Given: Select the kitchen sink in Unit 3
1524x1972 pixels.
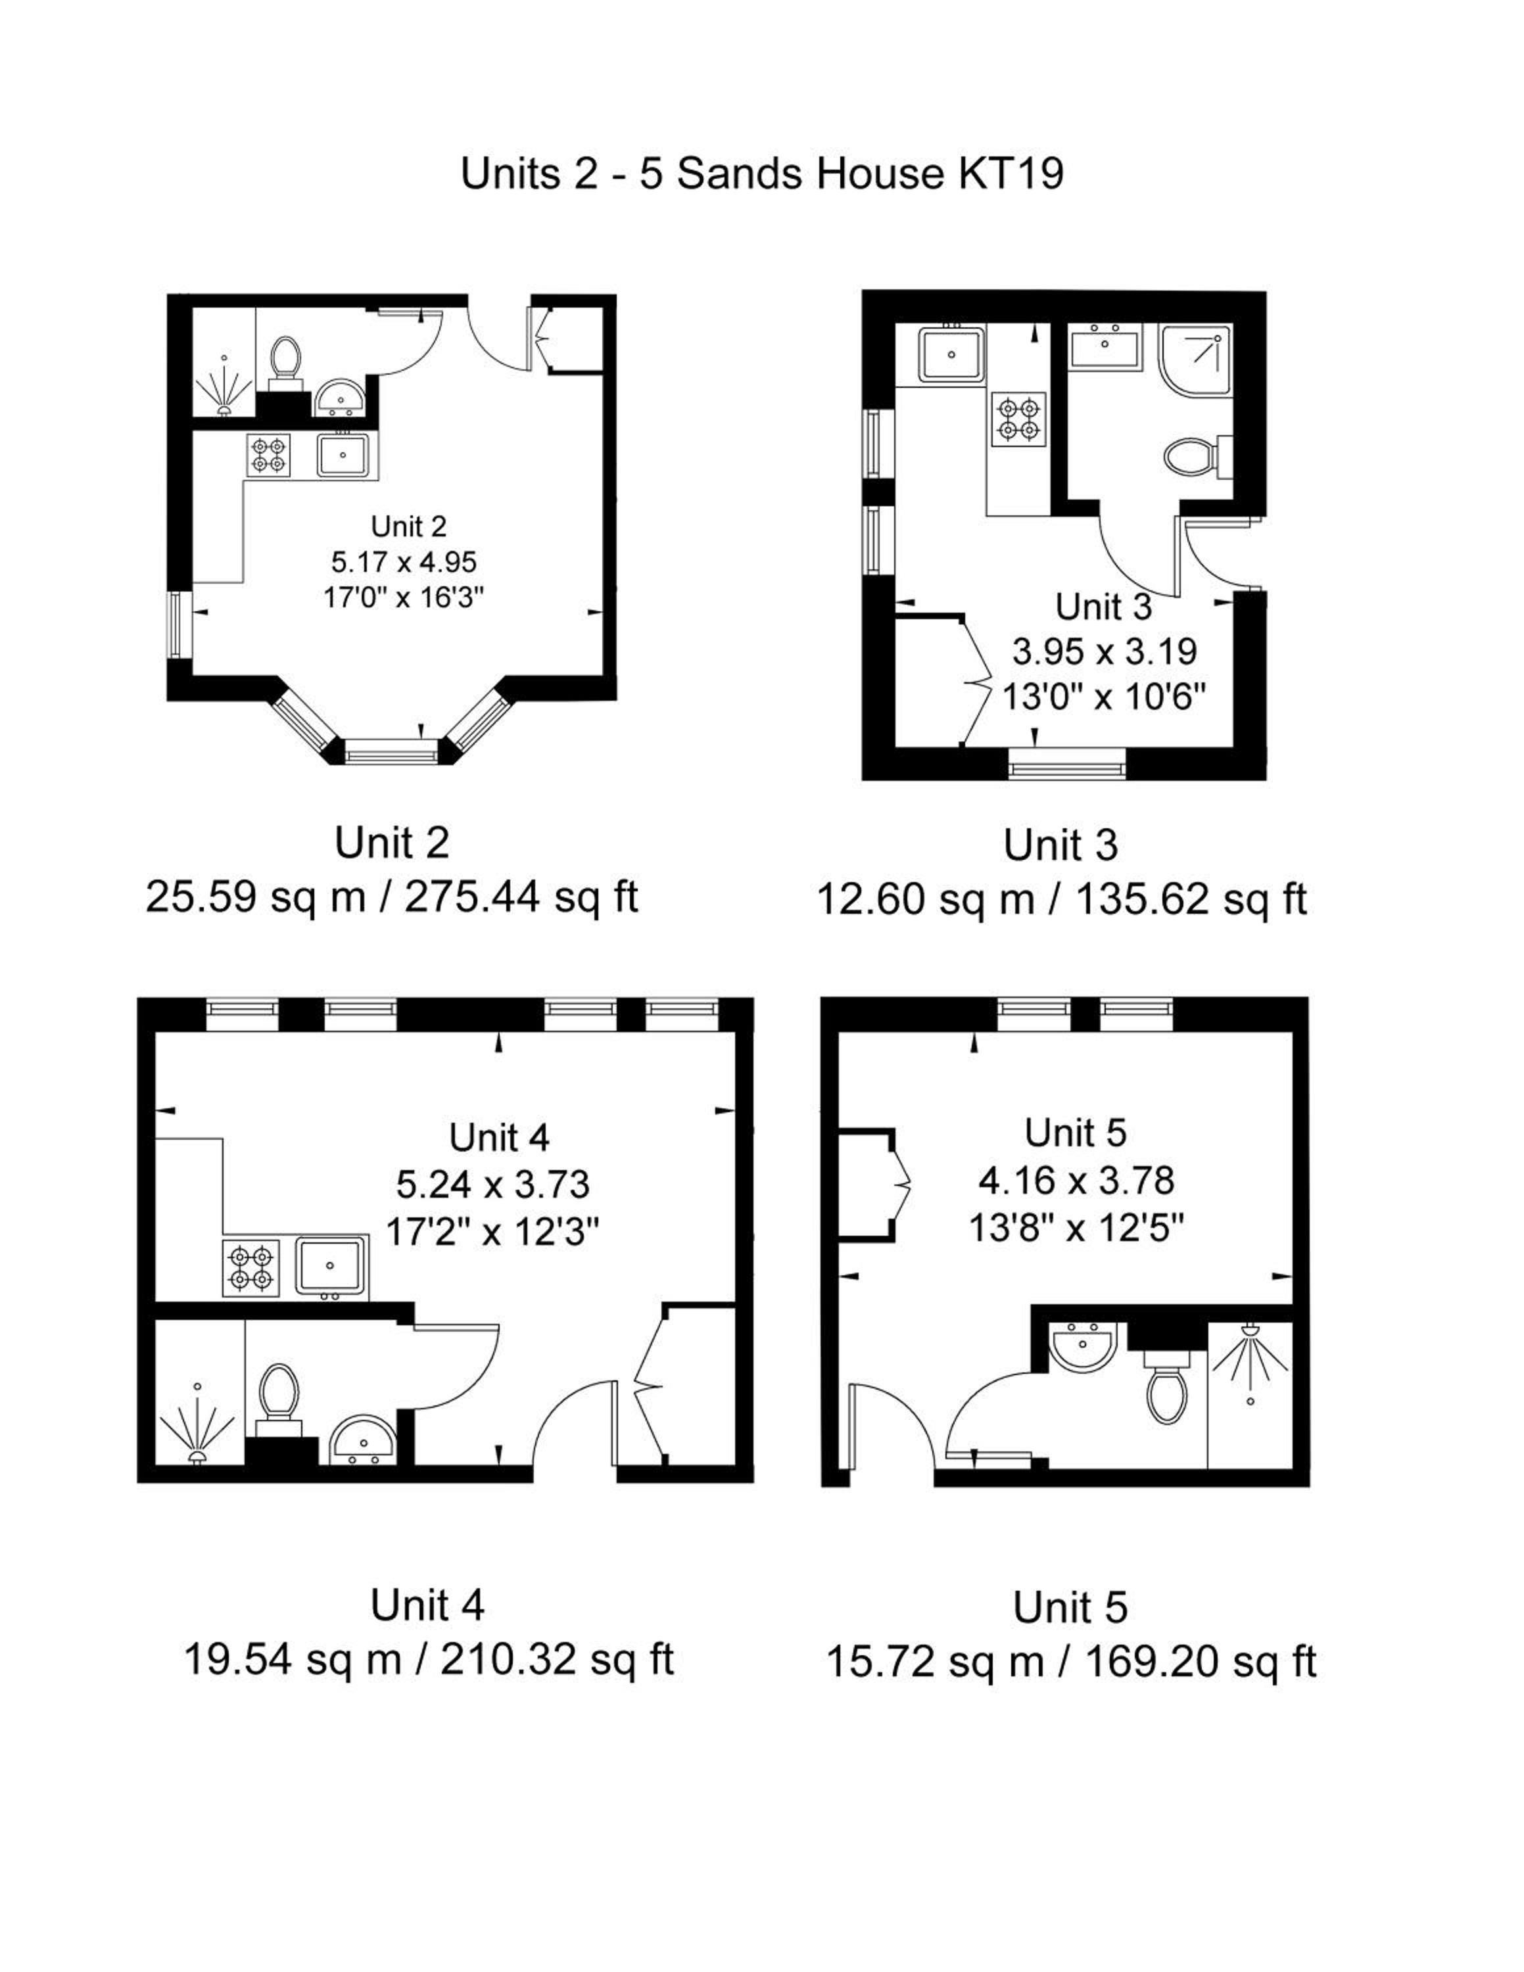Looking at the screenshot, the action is [x=951, y=353].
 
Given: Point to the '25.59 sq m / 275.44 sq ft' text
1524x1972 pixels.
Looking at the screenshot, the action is [x=392, y=897].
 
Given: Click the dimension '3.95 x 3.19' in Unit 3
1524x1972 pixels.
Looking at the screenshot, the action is [x=1104, y=650].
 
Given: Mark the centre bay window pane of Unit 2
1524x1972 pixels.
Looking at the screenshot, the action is [x=392, y=751].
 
